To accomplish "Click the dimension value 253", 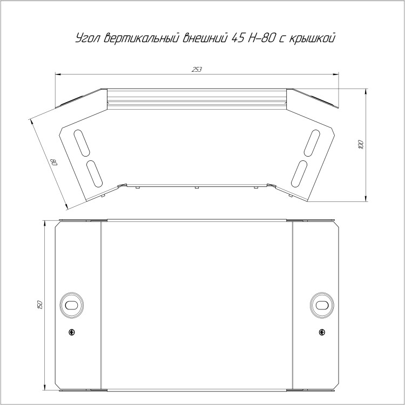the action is (197, 70).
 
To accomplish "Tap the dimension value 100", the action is (361, 144).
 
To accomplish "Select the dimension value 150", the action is (40, 305).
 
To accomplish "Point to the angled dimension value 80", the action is (55, 163).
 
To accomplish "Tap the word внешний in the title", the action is (205, 38).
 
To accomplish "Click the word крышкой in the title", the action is (312, 38).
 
